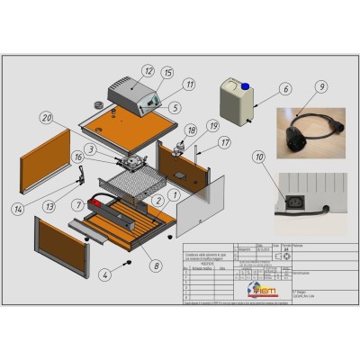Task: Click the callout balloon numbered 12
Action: click(x=148, y=69)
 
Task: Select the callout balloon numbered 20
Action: click(x=46, y=116)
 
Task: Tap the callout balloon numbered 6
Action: click(x=285, y=89)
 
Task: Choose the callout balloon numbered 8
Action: click(x=159, y=265)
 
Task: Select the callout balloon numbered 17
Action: click(x=225, y=141)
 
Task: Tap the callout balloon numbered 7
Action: click(x=78, y=205)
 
